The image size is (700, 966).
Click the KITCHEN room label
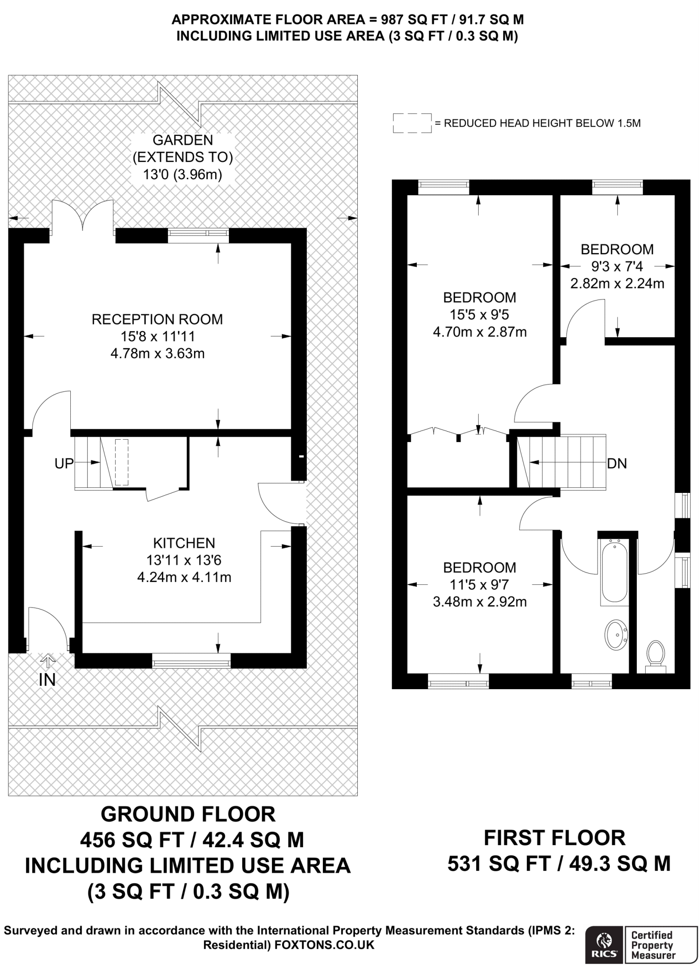click(184, 543)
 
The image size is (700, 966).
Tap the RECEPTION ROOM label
click(157, 319)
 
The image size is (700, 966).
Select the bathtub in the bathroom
click(614, 572)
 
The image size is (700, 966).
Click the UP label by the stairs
click(64, 464)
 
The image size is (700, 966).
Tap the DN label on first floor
click(617, 464)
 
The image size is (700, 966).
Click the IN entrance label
click(47, 680)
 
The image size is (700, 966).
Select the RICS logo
click(605, 941)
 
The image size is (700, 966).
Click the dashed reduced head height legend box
click(412, 123)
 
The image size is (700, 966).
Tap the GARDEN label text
click(183, 140)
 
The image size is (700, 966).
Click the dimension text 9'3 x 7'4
click(617, 266)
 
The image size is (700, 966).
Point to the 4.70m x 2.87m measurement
click(480, 332)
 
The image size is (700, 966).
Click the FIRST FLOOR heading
click(555, 838)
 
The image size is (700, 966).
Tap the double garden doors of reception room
click(83, 217)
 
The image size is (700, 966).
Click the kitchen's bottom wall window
click(191, 660)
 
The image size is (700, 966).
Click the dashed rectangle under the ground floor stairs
click(122, 462)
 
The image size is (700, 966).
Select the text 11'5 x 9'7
click(479, 584)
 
